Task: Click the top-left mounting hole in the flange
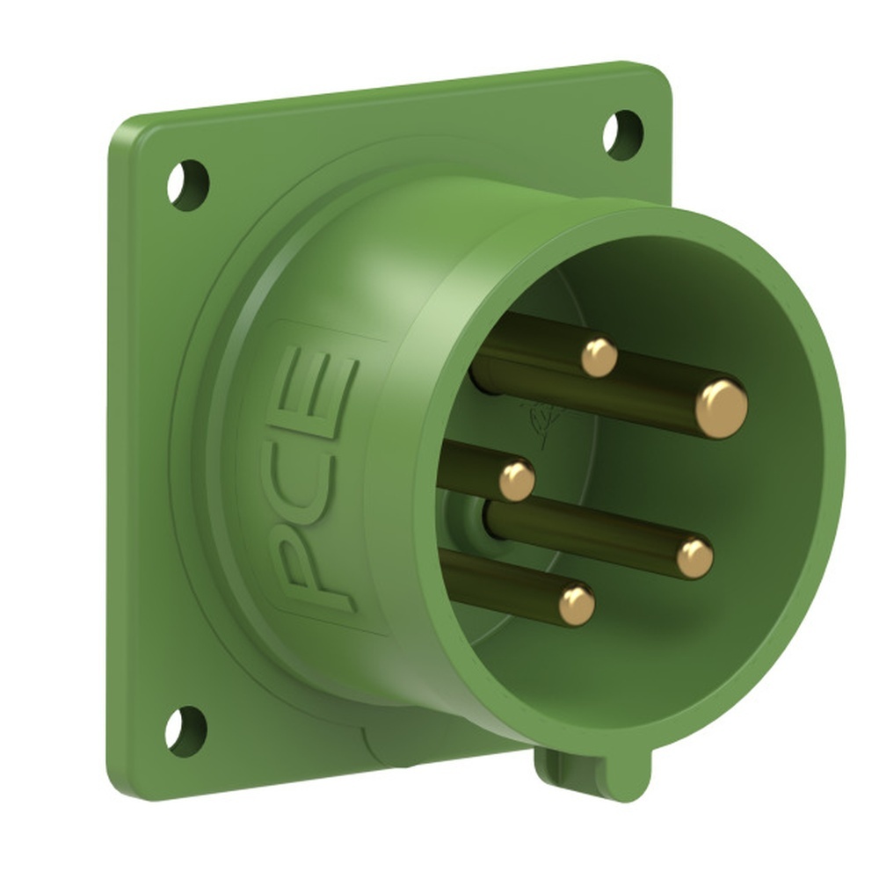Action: click(188, 185)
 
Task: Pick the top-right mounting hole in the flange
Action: click(622, 134)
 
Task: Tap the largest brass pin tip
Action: click(721, 409)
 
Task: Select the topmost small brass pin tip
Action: click(599, 358)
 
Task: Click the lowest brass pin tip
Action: click(577, 605)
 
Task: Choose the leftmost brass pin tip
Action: click(517, 481)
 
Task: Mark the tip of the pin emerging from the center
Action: click(694, 557)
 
